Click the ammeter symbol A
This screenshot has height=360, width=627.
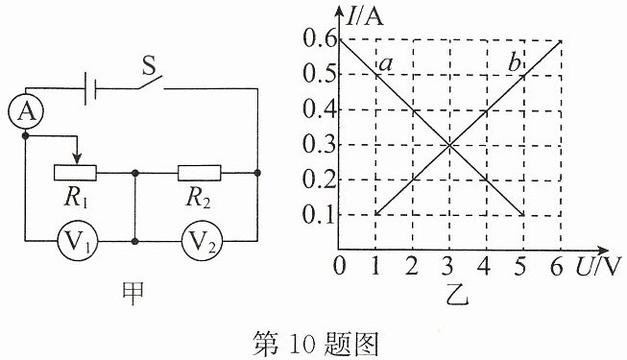(x=26, y=112)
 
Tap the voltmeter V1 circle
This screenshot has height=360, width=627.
(x=78, y=241)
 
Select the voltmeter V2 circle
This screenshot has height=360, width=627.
(x=201, y=241)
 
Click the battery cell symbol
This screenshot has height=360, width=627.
(x=91, y=88)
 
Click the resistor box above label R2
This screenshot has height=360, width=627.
(x=199, y=173)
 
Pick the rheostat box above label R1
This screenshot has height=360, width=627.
(x=75, y=173)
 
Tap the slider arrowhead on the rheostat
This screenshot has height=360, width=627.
(x=78, y=158)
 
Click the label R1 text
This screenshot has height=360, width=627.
(x=76, y=198)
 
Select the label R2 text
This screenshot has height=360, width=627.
(x=198, y=198)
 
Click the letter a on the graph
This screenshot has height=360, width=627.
(x=385, y=64)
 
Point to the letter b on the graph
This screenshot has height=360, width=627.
(x=515, y=63)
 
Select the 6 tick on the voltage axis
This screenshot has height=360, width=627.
(x=557, y=267)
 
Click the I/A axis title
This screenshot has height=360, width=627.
(x=365, y=17)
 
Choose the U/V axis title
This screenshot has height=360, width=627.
(x=599, y=267)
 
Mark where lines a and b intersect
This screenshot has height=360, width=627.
(x=449, y=145)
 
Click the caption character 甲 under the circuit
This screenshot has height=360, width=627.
(x=133, y=295)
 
